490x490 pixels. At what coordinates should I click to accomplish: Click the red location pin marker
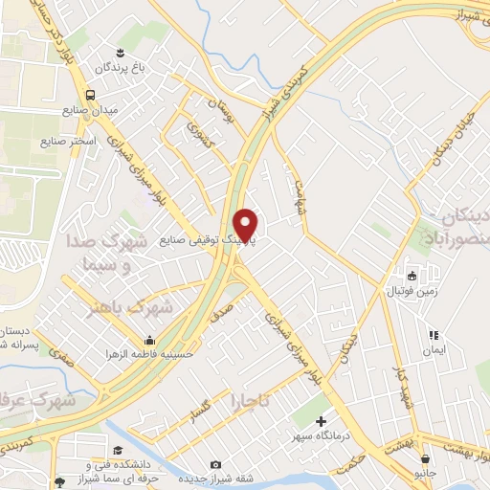click(246, 225)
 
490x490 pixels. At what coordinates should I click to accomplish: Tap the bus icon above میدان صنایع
click(89, 95)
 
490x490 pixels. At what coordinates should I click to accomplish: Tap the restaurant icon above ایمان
click(433, 336)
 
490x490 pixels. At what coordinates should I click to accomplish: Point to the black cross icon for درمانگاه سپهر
click(320, 420)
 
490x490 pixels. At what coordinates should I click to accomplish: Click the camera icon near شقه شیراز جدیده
click(215, 465)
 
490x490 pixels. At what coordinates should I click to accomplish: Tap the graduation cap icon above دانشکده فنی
click(118, 450)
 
